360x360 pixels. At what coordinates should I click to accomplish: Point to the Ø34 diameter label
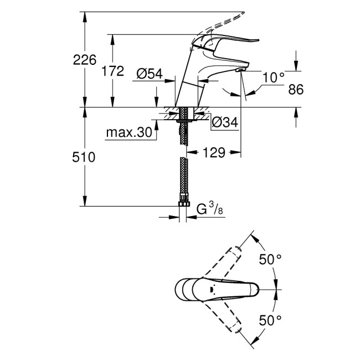coord(225,123)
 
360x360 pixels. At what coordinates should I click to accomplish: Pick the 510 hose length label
coord(84,157)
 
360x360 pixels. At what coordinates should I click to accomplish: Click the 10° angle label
coord(273,78)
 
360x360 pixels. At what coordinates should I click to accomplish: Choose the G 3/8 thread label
coord(211,209)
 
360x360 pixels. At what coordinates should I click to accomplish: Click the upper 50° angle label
coord(271,259)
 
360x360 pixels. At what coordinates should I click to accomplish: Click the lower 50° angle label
coord(271,320)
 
